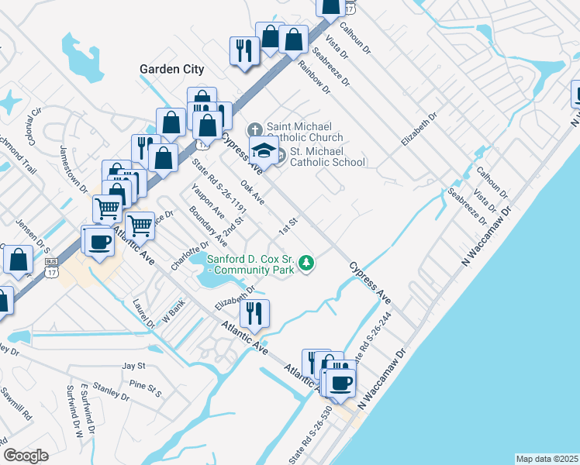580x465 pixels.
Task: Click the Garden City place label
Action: [171, 69]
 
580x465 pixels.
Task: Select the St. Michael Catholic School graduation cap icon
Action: [265, 150]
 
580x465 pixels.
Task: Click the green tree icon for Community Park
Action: [308, 263]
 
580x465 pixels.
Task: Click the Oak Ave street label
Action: [253, 193]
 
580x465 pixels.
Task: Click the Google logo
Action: [26, 455]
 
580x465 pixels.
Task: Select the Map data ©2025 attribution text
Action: [547, 459]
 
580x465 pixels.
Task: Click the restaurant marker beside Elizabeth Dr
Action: [254, 313]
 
